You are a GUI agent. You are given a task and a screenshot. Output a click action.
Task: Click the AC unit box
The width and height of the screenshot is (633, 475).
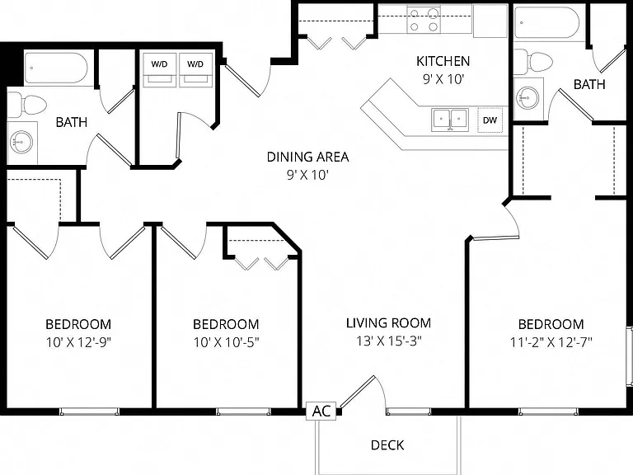click(321, 412)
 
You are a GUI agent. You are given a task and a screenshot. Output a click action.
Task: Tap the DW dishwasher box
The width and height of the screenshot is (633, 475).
click(490, 120)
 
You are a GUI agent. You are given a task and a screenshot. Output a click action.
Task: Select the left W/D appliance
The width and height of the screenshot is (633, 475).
click(159, 70)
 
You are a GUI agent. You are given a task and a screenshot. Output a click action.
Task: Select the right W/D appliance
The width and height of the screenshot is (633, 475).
click(195, 70)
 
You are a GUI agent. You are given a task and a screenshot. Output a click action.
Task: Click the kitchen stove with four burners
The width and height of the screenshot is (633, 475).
click(423, 20)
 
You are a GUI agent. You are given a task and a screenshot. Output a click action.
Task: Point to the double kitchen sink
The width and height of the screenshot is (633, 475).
click(450, 120)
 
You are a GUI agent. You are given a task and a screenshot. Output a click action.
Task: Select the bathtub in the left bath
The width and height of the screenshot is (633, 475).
click(56, 67)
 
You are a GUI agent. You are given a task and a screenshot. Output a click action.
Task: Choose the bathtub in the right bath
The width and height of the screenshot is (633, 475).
click(546, 22)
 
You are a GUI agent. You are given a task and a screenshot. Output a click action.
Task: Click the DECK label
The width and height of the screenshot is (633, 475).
click(387, 445)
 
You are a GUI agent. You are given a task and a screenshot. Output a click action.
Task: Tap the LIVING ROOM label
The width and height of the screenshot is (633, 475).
click(388, 323)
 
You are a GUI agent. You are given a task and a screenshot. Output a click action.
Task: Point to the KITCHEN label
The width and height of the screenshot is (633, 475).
click(443, 61)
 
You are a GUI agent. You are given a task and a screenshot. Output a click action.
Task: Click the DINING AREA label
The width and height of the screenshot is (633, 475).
click(307, 157)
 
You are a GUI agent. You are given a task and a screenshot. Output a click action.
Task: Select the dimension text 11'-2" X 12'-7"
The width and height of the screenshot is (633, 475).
click(551, 342)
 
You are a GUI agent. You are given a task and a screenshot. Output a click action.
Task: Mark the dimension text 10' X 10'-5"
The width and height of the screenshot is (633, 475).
click(226, 342)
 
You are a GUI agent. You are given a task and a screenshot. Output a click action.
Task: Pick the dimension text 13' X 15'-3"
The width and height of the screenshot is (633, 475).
click(388, 341)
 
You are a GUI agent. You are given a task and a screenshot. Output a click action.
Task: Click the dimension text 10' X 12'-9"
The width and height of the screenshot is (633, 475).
click(78, 342)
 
